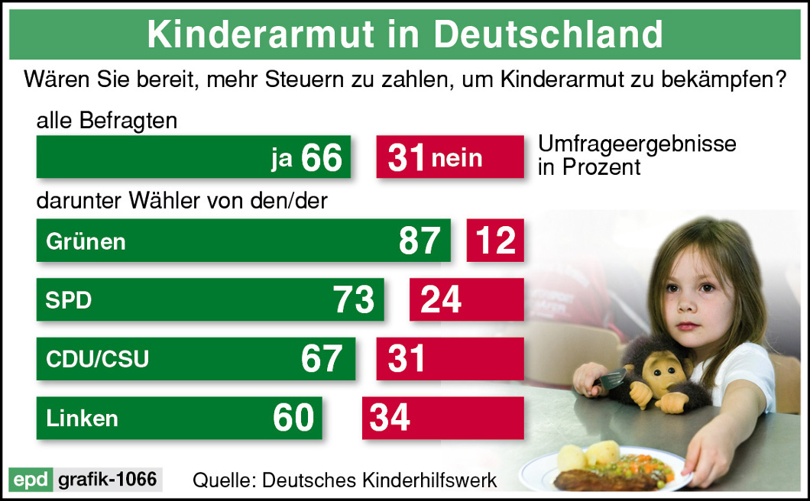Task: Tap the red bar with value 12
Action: (495, 241)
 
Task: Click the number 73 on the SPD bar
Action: (354, 300)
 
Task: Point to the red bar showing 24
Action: (466, 300)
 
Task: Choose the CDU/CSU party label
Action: (97, 359)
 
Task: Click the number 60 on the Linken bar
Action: (293, 418)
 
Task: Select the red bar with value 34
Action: (442, 418)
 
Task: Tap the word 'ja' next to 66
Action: (282, 157)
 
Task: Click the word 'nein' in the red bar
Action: (457, 157)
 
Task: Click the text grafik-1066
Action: (108, 480)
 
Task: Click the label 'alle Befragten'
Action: (106, 121)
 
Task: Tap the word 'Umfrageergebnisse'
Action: (637, 144)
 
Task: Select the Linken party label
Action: (82, 418)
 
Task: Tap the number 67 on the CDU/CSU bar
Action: (322, 359)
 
